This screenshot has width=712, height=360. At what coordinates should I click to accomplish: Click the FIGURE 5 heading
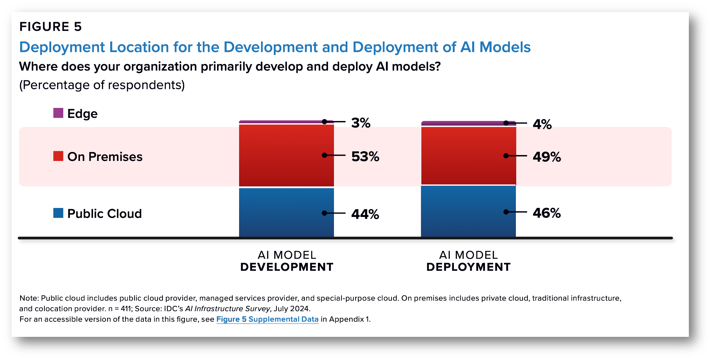pyautogui.click(x=50, y=27)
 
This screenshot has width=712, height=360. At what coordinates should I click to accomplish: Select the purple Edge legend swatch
pyautogui.click(x=58, y=113)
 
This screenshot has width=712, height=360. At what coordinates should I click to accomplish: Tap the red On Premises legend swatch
pyautogui.click(x=58, y=156)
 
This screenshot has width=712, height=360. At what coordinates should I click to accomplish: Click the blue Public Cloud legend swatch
pyautogui.click(x=58, y=213)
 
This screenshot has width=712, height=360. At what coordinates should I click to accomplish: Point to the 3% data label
pyautogui.click(x=360, y=123)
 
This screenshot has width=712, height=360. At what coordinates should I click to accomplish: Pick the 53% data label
pyautogui.click(x=365, y=156)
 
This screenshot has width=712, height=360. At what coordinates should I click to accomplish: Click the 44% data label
pyautogui.click(x=365, y=214)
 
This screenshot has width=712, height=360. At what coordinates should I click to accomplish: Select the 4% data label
pyautogui.click(x=542, y=124)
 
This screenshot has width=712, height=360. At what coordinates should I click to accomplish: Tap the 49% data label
pyautogui.click(x=547, y=157)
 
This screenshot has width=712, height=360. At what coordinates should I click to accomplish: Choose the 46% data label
pyautogui.click(x=547, y=213)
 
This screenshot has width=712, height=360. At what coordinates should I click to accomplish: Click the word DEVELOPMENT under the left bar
pyautogui.click(x=287, y=267)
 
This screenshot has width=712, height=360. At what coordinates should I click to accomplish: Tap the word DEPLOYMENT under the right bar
pyautogui.click(x=468, y=267)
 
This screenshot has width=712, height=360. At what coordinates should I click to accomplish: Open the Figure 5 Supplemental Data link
pyautogui.click(x=267, y=319)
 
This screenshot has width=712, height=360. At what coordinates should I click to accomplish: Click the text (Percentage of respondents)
pyautogui.click(x=102, y=85)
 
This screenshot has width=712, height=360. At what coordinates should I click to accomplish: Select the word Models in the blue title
pyautogui.click(x=505, y=47)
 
